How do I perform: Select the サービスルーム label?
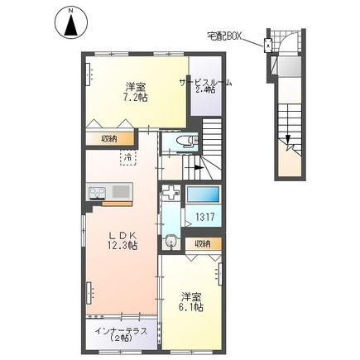pos(204,83)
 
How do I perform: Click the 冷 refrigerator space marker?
pos(129,155)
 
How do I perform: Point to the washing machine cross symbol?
pos(170,194)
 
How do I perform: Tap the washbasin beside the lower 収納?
pos(170,242)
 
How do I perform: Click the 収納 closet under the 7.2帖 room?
pos(109,137)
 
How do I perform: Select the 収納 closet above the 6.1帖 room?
pos(202,243)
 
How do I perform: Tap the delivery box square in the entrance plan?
pos(269,46)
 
